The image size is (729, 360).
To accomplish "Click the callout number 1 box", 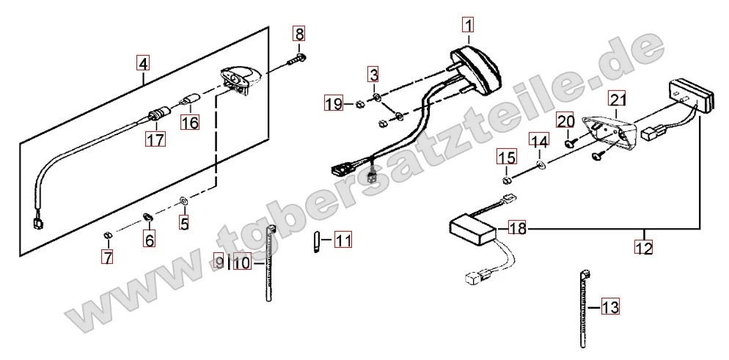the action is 468,25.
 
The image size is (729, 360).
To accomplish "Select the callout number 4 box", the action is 143,63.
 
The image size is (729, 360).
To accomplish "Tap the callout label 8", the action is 299,34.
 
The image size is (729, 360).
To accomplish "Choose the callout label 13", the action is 610,307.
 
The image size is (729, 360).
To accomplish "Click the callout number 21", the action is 618,100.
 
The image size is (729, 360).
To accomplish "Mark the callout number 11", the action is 343,240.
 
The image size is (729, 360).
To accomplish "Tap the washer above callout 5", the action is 183,201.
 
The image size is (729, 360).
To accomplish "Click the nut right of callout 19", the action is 359,105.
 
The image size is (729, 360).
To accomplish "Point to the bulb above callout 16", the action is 191,100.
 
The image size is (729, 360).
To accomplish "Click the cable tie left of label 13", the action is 584,309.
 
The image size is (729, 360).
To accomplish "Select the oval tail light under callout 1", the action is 475,68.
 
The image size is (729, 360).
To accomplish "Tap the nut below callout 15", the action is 508,180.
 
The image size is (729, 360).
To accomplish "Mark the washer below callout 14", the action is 541,164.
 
